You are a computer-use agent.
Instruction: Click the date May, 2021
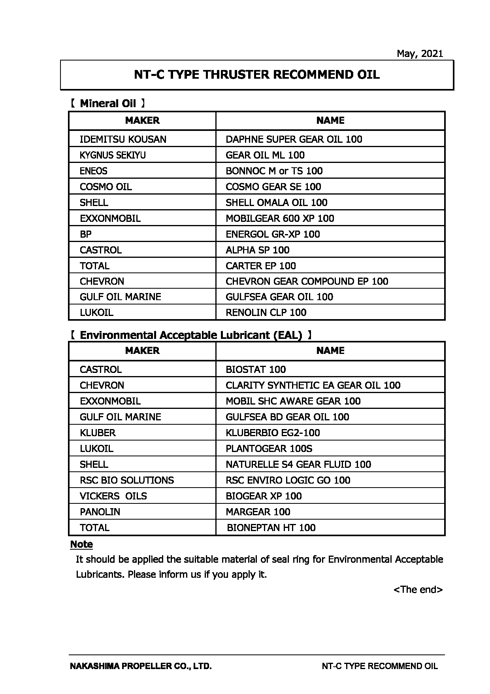pyautogui.click(x=420, y=54)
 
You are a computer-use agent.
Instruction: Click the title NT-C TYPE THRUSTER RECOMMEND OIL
pyautogui.click(x=257, y=75)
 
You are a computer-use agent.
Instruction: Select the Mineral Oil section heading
pyautogui.click(x=107, y=104)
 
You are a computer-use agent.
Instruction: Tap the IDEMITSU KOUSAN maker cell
pyautogui.click(x=123, y=139)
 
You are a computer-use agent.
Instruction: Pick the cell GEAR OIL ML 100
pyautogui.click(x=265, y=155)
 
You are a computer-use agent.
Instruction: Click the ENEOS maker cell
pyautogui.click(x=93, y=171)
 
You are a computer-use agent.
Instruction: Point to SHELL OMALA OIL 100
pyautogui.click(x=276, y=202)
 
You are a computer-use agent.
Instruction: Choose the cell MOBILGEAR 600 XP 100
pyautogui.click(x=280, y=218)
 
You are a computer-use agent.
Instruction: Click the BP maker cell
pyautogui.click(x=85, y=234)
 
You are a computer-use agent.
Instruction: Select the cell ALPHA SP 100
pyautogui.click(x=257, y=250)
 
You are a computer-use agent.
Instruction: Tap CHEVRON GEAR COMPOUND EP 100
pyautogui.click(x=307, y=281)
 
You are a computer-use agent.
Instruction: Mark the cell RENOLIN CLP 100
pyautogui.click(x=266, y=312)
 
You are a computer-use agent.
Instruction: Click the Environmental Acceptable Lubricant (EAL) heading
pyautogui.click(x=191, y=335)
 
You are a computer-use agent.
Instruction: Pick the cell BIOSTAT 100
pyautogui.click(x=256, y=369)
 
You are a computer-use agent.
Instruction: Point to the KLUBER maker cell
pyautogui.click(x=98, y=433)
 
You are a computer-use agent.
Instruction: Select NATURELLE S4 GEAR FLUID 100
pyautogui.click(x=298, y=464)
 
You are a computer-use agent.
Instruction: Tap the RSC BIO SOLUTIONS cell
pyautogui.click(x=126, y=480)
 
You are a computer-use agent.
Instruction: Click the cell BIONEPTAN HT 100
pyautogui.click(x=271, y=528)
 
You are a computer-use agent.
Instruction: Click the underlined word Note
pyautogui.click(x=81, y=545)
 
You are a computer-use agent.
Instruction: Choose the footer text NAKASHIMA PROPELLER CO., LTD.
pyautogui.click(x=141, y=666)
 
